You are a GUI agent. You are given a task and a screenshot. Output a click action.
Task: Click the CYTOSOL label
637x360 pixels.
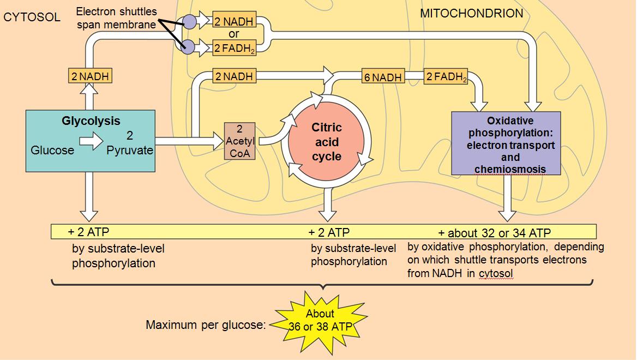(32, 17)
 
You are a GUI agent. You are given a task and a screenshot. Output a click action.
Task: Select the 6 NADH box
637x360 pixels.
(383, 77)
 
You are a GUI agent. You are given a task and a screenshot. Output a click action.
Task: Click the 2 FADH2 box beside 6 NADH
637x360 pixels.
(446, 77)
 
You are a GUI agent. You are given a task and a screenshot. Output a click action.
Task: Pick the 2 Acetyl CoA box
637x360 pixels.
(239, 141)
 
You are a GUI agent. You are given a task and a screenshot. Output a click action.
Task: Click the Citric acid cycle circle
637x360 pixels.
(327, 142)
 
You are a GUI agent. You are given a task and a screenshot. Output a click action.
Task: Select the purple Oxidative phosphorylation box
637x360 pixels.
(506, 143)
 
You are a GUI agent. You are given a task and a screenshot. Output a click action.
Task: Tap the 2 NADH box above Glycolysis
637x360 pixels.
(90, 76)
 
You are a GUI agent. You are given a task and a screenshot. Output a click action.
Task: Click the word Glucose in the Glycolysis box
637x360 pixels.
(52, 150)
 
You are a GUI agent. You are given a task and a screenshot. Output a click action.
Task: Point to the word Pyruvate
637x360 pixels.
(130, 150)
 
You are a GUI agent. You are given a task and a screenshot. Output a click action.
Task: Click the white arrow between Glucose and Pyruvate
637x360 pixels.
(91, 142)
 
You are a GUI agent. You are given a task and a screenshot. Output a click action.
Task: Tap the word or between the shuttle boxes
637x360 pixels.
(234, 34)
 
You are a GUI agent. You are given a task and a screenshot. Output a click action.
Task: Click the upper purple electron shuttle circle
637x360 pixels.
(189, 22)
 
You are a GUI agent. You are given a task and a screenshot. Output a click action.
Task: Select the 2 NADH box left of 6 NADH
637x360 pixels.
(234, 77)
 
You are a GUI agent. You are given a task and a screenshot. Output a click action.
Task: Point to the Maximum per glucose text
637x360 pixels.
(206, 325)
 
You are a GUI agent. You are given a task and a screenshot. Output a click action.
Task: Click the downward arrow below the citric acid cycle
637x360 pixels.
(327, 206)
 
